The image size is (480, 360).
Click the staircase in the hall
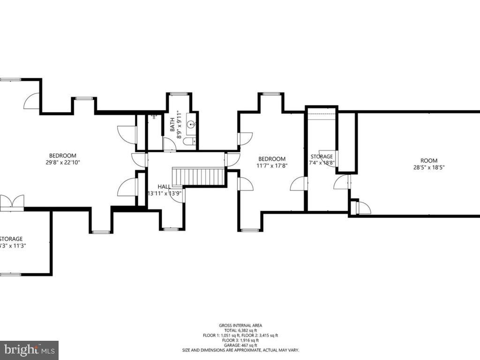[200, 177]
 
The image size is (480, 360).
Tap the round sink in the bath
[191, 125]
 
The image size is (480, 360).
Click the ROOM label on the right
[428, 161]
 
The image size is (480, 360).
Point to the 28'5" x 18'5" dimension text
[428, 168]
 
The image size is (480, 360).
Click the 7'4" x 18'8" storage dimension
[322, 163]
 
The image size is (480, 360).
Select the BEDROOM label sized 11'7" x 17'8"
[271, 159]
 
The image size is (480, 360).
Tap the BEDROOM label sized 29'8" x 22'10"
[63, 156]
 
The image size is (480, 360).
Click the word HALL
[164, 186]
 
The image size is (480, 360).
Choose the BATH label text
[172, 123]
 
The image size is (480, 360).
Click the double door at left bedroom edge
[12, 202]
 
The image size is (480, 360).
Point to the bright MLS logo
[29, 350]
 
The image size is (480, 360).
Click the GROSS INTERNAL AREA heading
[240, 325]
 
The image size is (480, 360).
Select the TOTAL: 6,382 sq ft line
[240, 330]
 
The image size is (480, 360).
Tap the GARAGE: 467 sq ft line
[240, 345]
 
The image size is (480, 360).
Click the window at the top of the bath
[179, 94]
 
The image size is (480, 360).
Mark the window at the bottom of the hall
[171, 229]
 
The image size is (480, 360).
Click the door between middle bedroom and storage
[298, 184]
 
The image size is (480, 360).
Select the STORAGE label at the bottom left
[11, 239]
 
